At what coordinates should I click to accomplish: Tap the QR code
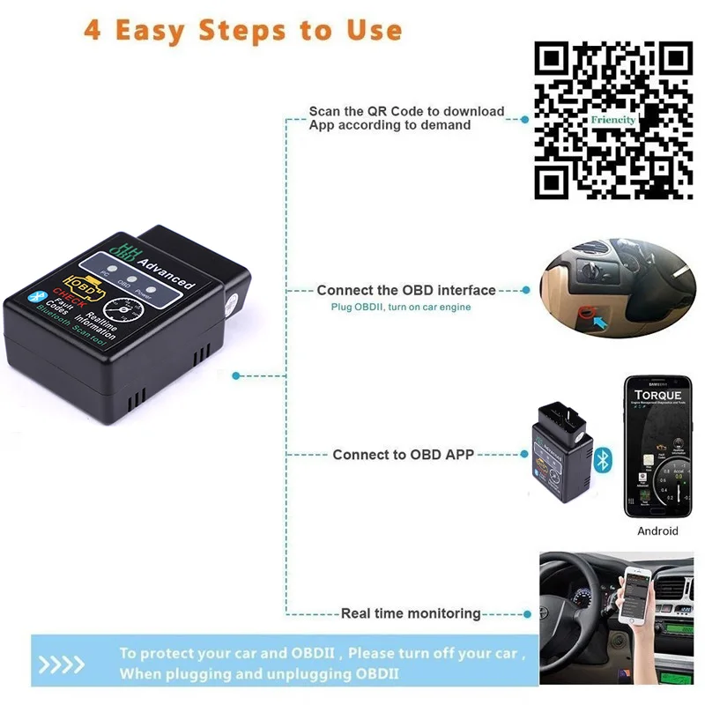click(x=614, y=122)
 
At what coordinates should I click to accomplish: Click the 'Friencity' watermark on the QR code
click(x=613, y=119)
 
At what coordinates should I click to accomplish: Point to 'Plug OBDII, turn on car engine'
click(x=401, y=307)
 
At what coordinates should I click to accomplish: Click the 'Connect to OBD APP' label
click(x=403, y=455)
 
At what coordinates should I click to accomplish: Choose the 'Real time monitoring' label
click(x=411, y=613)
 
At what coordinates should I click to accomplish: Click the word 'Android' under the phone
click(x=657, y=531)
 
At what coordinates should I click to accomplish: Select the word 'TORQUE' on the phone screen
click(x=657, y=396)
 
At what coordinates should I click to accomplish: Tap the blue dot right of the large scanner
click(x=235, y=375)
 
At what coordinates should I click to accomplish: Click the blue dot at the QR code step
click(x=525, y=118)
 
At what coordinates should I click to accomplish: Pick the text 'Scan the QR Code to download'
click(x=406, y=111)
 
